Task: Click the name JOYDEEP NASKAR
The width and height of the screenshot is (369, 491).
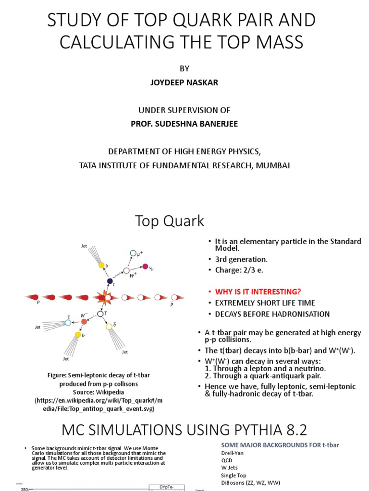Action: pyautogui.click(x=184, y=82)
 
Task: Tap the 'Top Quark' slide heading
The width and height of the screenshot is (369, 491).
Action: pyautogui.click(x=169, y=221)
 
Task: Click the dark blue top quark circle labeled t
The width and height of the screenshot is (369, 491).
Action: pyautogui.click(x=110, y=281)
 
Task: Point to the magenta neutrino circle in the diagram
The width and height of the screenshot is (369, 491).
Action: pyautogui.click(x=145, y=266)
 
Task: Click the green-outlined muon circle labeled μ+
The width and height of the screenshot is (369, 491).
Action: pyautogui.click(x=133, y=253)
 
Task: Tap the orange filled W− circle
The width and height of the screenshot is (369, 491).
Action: pyautogui.click(x=84, y=321)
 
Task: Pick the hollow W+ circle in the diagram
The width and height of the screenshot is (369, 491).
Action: pyautogui.click(x=126, y=270)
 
